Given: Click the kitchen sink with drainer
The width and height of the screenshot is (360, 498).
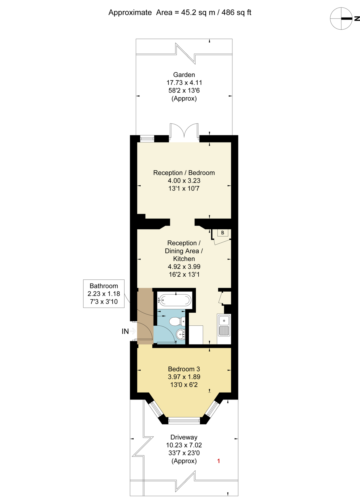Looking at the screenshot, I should (x=224, y=325).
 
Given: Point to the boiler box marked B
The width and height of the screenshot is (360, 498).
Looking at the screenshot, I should (x=222, y=233).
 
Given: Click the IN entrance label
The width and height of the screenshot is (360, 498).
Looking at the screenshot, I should (x=125, y=331).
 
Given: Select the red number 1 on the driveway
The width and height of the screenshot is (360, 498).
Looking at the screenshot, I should (x=219, y=461).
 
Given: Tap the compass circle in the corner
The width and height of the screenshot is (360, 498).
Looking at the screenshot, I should (x=341, y=19).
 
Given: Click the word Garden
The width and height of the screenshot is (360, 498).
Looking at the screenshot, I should (x=184, y=75).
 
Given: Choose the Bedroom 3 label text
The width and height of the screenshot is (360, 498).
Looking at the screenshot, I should (x=184, y=369).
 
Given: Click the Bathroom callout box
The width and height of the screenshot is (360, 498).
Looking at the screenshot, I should (x=104, y=294).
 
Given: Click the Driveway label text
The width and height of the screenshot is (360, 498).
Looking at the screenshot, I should (x=184, y=437).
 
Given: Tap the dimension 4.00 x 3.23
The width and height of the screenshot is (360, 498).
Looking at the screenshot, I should (x=184, y=181).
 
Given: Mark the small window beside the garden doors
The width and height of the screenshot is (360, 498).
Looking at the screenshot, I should (x=147, y=138).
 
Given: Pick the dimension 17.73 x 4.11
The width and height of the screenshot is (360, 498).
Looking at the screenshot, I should (x=184, y=83).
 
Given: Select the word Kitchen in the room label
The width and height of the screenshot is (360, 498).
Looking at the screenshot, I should (x=184, y=259).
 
